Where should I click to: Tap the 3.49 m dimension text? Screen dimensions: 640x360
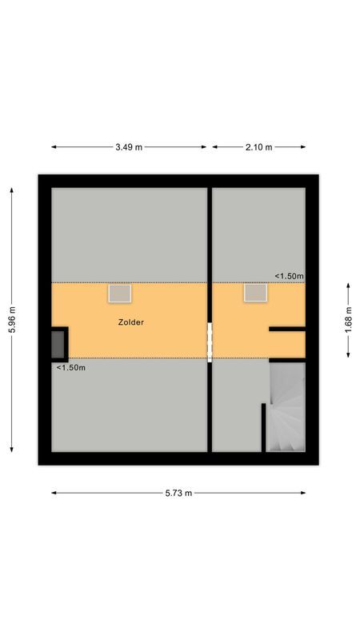click(129, 147)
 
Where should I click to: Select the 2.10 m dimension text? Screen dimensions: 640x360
click(258, 147)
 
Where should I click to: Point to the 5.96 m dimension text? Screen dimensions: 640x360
click(11, 320)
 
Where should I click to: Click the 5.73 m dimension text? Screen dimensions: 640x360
click(178, 493)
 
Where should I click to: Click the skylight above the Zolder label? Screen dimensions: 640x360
click(120, 294)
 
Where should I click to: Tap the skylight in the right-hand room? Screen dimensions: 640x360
click(255, 294)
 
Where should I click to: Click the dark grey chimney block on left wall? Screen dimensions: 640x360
click(58, 344)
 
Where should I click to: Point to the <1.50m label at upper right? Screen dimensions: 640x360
click(289, 276)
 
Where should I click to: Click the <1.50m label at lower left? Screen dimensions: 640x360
click(70, 368)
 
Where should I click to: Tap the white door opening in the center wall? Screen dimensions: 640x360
click(210, 342)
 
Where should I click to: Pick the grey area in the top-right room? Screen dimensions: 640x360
click(258, 232)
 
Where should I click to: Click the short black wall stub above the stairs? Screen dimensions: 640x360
click(287, 329)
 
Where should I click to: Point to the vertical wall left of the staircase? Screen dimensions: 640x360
click(264, 427)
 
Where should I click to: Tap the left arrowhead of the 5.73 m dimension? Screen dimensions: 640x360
click(54, 493)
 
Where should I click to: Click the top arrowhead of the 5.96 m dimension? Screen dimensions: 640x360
click(11, 190)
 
